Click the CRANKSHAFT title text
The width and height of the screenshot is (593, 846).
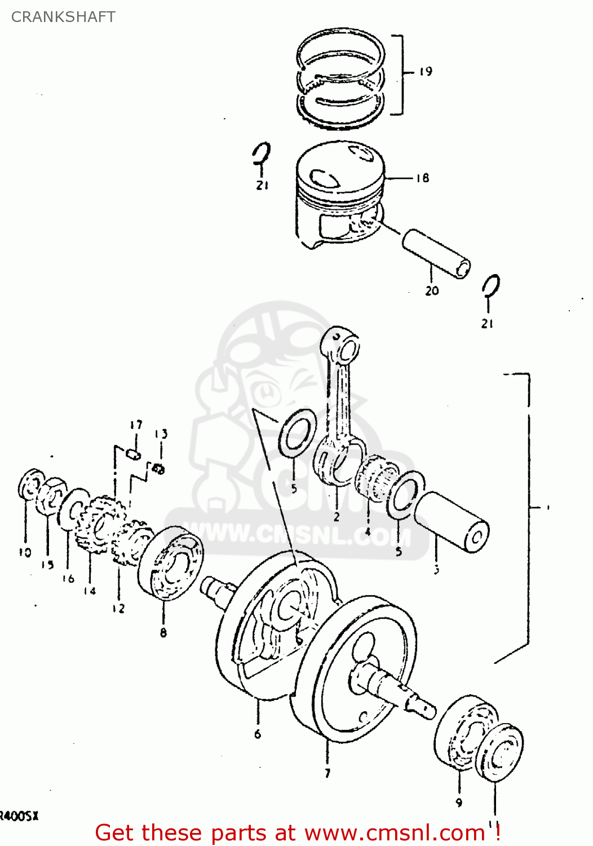click(63, 17)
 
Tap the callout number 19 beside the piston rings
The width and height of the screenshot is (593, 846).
click(426, 72)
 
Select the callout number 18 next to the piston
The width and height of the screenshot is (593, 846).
click(423, 178)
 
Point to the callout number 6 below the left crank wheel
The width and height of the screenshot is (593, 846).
click(258, 734)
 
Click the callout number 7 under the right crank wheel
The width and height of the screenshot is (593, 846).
click(328, 773)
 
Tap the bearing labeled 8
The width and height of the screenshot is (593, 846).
click(171, 562)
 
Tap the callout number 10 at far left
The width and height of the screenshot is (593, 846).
click(25, 552)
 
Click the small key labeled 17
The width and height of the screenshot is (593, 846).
click(134, 453)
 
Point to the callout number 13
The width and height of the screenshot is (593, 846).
click(161, 434)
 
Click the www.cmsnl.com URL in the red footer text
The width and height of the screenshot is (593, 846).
click(395, 833)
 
